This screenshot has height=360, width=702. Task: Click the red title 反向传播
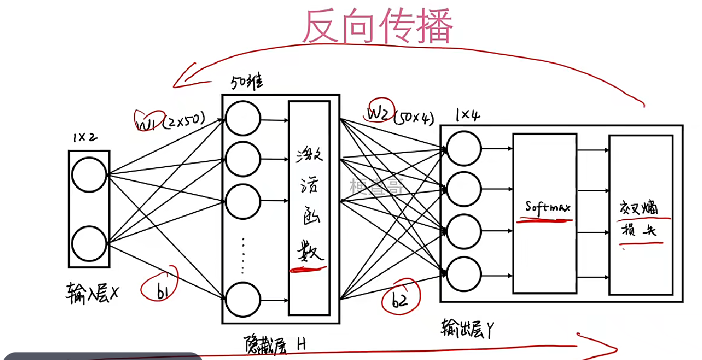pyautogui.click(x=377, y=26)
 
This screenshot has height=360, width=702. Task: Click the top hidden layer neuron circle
pyautogui.click(x=242, y=119)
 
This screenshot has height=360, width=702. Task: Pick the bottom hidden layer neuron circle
pyautogui.click(x=242, y=299)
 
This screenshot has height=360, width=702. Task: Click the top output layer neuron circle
pyautogui.click(x=464, y=148)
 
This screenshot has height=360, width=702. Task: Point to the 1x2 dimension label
pyautogui.click(x=86, y=138)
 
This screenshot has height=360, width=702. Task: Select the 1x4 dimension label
pyautogui.click(x=468, y=115)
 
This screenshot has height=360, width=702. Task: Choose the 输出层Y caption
pyautogui.click(x=467, y=329)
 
